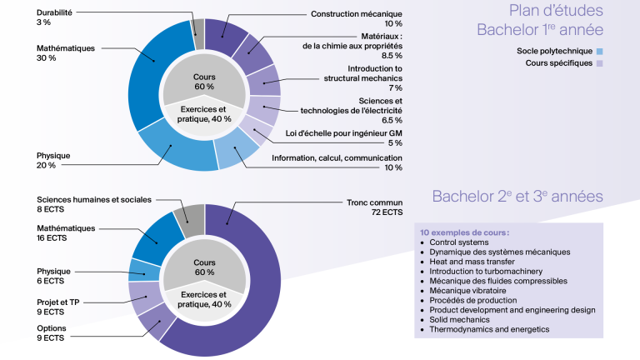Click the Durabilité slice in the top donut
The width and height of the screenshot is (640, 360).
(199, 34)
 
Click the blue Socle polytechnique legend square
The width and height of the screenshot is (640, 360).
(600, 52)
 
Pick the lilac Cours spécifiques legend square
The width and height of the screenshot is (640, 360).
(600, 63)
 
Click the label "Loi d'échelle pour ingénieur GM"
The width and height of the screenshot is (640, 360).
(343, 133)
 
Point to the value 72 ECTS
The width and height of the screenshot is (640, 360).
(387, 212)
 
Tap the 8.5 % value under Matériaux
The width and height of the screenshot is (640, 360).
(392, 56)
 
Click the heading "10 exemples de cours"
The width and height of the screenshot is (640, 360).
(464, 232)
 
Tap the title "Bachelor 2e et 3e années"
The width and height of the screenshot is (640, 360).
(517, 197)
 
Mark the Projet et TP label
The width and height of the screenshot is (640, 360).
(58, 302)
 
